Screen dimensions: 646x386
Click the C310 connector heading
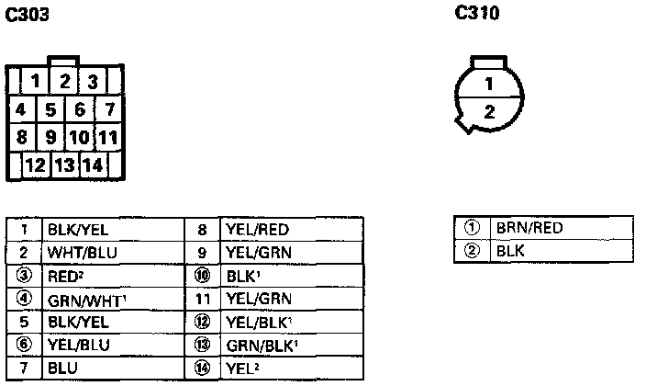coord(476,14)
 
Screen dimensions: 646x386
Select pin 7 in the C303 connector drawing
coord(110,110)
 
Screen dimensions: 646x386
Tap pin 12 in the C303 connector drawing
coord(36,166)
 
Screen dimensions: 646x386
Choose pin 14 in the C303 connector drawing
coord(93,166)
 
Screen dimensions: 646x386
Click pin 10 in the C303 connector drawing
coord(79,139)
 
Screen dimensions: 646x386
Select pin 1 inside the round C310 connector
coord(490,85)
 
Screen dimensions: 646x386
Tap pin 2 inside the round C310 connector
coord(490,112)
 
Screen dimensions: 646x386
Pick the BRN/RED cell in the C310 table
coord(562,228)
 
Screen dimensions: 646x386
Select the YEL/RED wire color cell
coord(292,229)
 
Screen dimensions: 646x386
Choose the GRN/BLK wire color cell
coord(292,345)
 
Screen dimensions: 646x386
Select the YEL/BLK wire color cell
coord(292,322)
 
